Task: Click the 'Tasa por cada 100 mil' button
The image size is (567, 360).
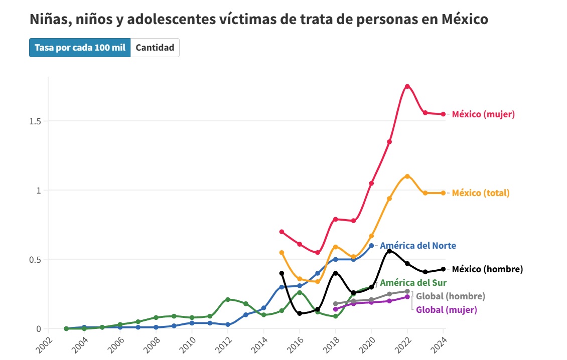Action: [80, 48]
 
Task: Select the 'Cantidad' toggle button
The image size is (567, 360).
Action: [155, 48]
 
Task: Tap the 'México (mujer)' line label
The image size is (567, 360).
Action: [483, 114]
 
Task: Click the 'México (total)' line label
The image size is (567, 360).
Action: [481, 193]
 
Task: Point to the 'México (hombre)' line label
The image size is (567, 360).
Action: [487, 269]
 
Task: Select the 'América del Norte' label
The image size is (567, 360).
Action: [418, 246]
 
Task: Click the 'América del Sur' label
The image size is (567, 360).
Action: [413, 283]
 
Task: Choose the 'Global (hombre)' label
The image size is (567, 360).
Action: [450, 296]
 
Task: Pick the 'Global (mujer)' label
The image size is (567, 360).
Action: [447, 310]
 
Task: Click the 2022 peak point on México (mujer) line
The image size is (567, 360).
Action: [407, 86]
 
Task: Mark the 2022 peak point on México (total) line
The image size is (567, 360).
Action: [407, 176]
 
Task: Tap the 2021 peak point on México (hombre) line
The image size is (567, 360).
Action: [389, 251]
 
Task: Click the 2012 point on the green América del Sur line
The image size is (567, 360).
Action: [228, 299]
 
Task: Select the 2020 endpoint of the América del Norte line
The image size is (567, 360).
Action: [371, 246]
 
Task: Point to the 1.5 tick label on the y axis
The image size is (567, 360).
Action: [35, 121]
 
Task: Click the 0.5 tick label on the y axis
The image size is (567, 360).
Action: [35, 260]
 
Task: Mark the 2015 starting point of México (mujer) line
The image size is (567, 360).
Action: [281, 232]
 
